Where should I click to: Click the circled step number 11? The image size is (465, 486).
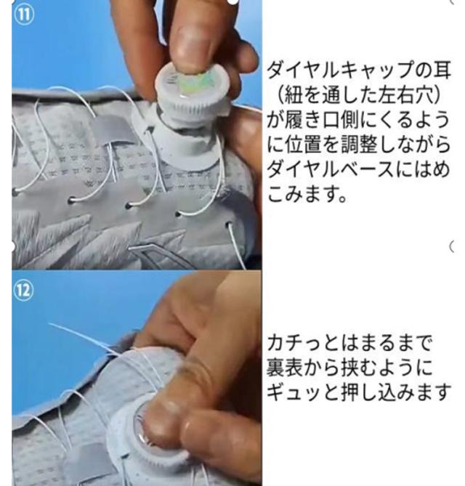pos(23,15)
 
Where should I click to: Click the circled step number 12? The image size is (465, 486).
pos(23,291)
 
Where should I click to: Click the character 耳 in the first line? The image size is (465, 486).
pos(441,70)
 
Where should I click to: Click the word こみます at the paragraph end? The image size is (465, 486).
pos(303,195)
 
